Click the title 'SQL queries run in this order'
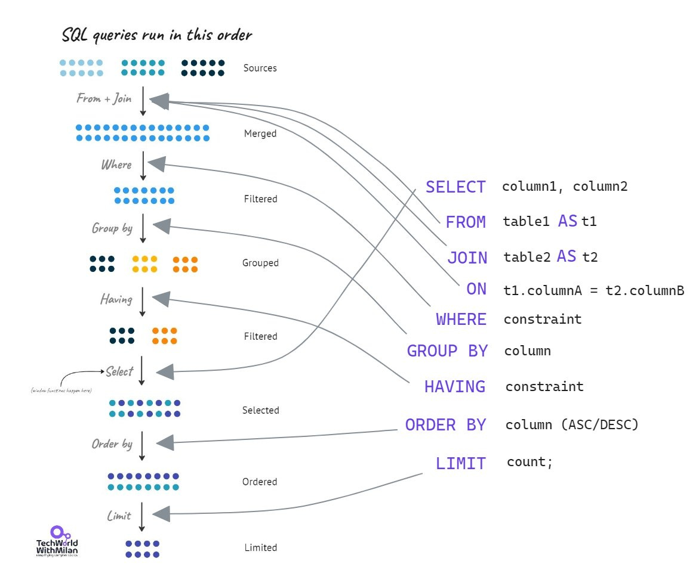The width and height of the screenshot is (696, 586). coord(156,35)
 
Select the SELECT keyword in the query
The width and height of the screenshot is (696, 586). coord(455,187)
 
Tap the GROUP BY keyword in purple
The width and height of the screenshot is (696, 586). coord(447,351)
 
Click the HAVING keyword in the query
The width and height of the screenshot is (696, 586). coord(454,387)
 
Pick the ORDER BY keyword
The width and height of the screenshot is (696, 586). coord(445,425)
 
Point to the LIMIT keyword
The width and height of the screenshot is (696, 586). coord(460,463)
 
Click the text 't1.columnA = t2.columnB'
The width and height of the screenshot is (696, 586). coord(593,290)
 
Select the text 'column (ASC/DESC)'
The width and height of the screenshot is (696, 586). coord(572,425)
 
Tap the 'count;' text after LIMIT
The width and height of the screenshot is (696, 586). coord(529,462)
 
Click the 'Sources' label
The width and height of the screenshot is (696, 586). coord(260,68)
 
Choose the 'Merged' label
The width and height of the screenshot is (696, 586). coord(260,134)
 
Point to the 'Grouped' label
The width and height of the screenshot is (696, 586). coord(260,263)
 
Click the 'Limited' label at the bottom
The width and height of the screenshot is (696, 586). coord(261,547)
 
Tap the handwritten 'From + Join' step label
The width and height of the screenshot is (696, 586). coord(104,98)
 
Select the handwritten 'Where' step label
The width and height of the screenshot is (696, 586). coord(116,165)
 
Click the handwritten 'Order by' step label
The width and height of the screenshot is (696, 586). coord(112,444)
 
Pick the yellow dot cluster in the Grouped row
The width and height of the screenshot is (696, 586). coord(144,264)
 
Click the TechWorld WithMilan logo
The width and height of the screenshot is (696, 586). coord(57,541)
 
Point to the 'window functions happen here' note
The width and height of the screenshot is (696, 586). coord(61,390)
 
